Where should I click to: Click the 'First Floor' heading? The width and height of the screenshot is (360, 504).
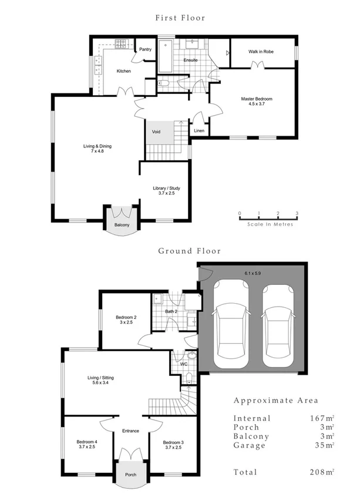coord(180,18)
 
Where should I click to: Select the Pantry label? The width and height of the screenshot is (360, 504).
coord(145,50)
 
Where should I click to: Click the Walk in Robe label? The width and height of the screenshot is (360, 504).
coord(261,52)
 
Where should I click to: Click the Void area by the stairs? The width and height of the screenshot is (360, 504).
coord(156,132)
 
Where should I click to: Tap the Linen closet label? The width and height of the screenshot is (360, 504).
coord(198,130)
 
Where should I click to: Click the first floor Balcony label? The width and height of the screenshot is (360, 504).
coord(122,224)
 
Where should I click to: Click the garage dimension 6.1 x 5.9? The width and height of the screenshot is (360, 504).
coord(253,273)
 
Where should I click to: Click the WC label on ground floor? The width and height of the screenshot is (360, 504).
coord(183,364)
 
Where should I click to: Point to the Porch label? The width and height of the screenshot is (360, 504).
coord(130,475)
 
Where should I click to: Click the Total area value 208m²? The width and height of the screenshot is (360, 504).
coord(324,472)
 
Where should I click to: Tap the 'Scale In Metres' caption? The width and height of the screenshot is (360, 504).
coord(270,224)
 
